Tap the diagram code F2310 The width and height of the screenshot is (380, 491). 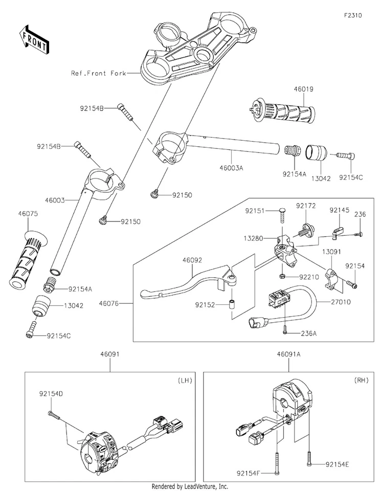tap(352, 15)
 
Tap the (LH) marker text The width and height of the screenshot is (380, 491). tap(185, 381)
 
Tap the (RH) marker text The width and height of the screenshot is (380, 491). tap(362, 381)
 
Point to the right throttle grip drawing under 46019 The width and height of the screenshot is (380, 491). tap(281, 111)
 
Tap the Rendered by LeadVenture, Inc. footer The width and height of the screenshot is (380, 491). tap(190, 486)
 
